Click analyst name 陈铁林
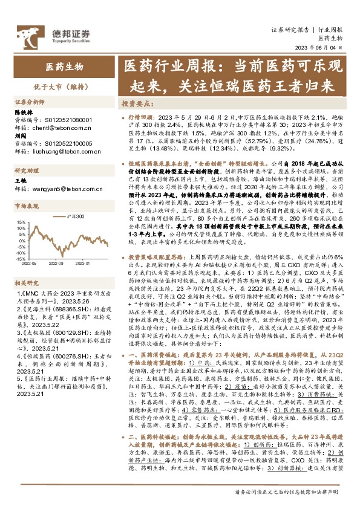coord(22,112)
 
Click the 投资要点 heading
coord(138,103)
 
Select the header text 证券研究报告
coord(290,30)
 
